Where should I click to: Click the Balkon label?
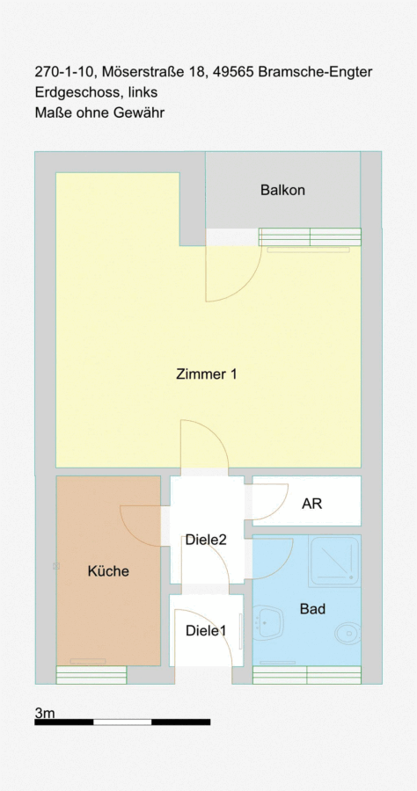click(282, 190)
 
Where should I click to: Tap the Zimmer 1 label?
click(207, 374)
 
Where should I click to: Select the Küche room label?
click(108, 571)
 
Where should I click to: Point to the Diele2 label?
click(206, 540)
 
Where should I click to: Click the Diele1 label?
click(206, 630)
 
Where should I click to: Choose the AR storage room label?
click(311, 504)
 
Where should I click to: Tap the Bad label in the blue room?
click(312, 609)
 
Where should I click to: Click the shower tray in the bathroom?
click(334, 562)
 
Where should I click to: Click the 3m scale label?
click(45, 713)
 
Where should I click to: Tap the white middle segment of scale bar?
click(122, 722)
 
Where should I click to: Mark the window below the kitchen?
click(91, 675)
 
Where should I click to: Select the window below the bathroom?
click(307, 675)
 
